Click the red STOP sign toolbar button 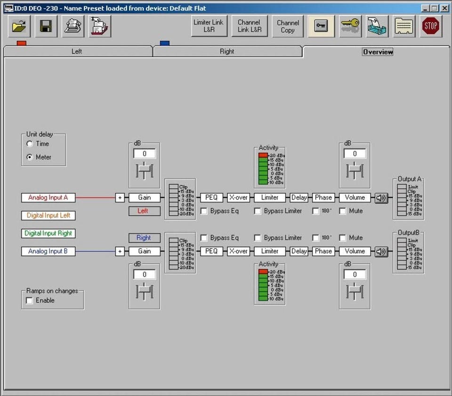431,26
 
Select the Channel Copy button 288,26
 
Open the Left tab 77,51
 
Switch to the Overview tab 378,52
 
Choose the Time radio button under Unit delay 29,144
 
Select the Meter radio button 29,157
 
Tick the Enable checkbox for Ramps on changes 29,300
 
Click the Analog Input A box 48,197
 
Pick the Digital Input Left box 48,215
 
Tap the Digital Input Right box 48,233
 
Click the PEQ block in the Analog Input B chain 211,251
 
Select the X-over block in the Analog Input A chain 238,197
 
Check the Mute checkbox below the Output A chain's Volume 342,211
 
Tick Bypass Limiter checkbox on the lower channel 258,238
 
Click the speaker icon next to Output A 381,198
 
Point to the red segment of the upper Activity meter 263,155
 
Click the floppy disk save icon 46,26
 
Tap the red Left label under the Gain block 145,211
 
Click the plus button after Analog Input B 120,251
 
